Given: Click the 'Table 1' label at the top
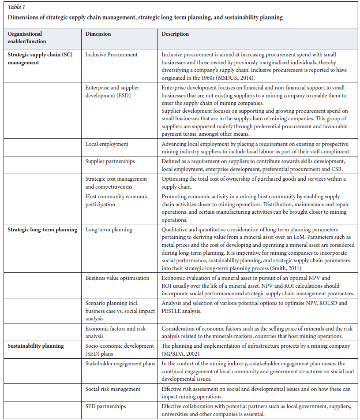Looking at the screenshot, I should [x=16, y=7].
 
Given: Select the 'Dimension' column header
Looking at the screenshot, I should [x=98, y=34].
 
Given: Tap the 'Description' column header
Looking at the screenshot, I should [x=175, y=34].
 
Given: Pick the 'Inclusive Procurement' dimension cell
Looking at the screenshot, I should [x=112, y=55].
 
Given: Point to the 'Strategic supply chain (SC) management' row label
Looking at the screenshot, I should [x=35, y=58].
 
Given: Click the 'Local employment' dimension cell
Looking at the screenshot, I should [x=107, y=144].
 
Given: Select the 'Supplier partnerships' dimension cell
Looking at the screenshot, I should [x=110, y=161].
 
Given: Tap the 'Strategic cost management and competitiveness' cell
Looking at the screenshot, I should [x=116, y=182].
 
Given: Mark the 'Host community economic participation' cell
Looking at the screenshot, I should [x=117, y=200].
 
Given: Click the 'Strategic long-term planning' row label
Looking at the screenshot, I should [x=42, y=229].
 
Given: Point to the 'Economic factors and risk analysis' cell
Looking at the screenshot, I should [x=115, y=332].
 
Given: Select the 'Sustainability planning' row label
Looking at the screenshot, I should [x=35, y=346].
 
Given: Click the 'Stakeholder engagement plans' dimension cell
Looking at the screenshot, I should [x=120, y=364].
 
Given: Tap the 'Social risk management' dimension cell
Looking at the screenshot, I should [x=113, y=389].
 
